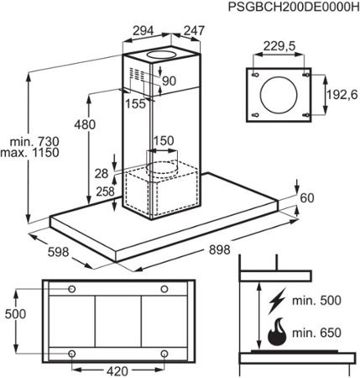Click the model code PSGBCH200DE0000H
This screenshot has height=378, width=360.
click(294, 6)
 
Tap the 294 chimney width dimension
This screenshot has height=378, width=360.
click(143, 31)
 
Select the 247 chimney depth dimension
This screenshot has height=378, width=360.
click(194, 31)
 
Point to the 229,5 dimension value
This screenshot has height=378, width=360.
click(279, 46)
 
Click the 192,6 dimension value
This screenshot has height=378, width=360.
click(342, 95)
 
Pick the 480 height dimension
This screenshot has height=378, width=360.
click(85, 124)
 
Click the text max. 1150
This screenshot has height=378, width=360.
click(29, 153)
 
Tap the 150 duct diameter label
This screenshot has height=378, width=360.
click(164, 141)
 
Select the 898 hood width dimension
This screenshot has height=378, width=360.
click(219, 249)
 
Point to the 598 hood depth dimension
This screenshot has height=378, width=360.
click(58, 252)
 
